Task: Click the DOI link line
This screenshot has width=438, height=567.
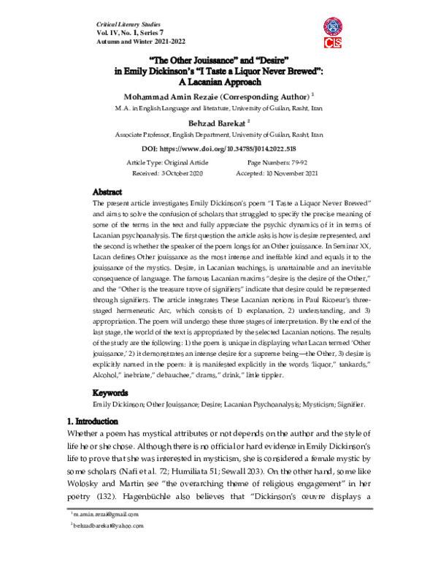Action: pos(218,148)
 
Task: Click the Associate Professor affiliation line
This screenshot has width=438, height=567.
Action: pos(218,136)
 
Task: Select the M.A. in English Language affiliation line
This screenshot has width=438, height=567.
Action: pos(218,109)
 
